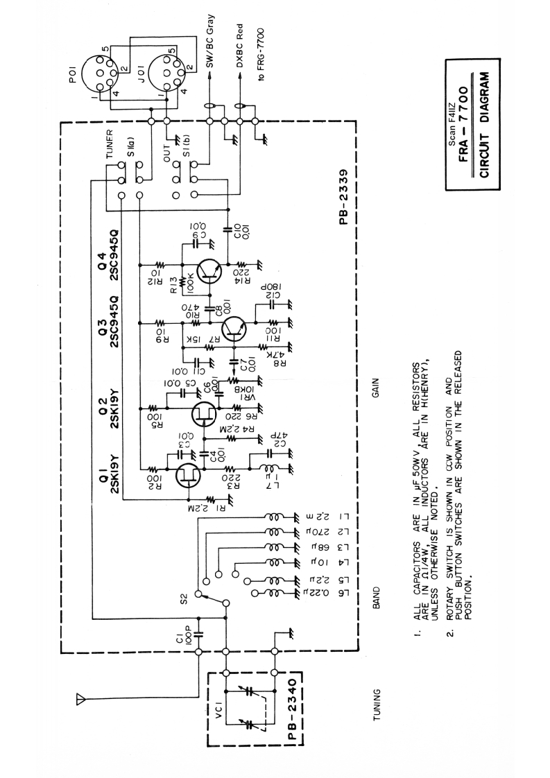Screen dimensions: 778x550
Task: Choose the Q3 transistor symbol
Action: pos(237,328)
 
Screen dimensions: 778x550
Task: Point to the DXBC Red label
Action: pos(241,44)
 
